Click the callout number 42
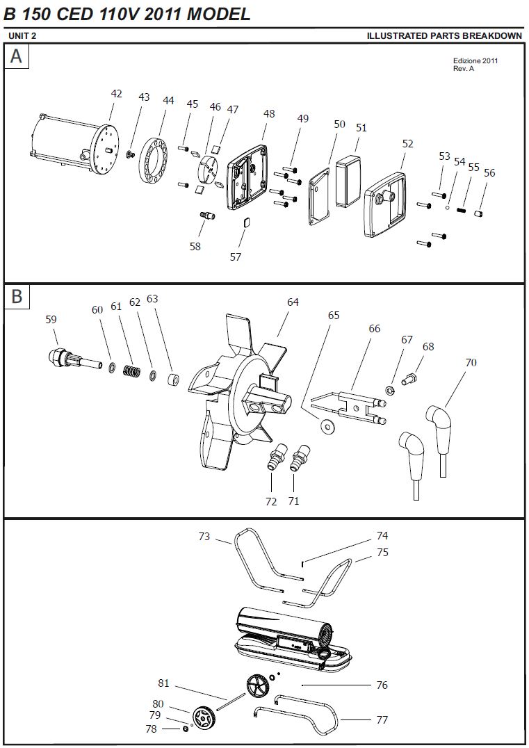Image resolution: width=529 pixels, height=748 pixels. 116,93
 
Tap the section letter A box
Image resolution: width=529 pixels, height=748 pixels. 16,56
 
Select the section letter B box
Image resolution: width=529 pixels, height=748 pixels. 16,296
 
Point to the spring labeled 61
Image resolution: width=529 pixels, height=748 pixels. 131,371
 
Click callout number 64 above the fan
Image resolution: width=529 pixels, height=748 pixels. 293,302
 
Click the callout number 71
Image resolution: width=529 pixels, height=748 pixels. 293,501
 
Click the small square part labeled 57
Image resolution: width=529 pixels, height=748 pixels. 246,222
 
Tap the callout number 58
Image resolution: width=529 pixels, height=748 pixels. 195,246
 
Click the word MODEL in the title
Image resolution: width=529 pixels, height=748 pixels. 218,14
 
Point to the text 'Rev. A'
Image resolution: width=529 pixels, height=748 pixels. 464,68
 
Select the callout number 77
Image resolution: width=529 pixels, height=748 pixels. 382,719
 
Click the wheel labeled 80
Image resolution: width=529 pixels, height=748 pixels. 203,714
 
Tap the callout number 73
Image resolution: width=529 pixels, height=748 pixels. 204,536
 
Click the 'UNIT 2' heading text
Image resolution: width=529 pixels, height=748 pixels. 22,35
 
